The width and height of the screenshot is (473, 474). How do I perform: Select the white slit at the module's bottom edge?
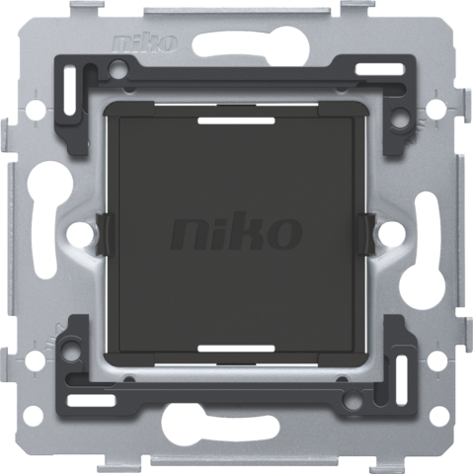tap(237, 350)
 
